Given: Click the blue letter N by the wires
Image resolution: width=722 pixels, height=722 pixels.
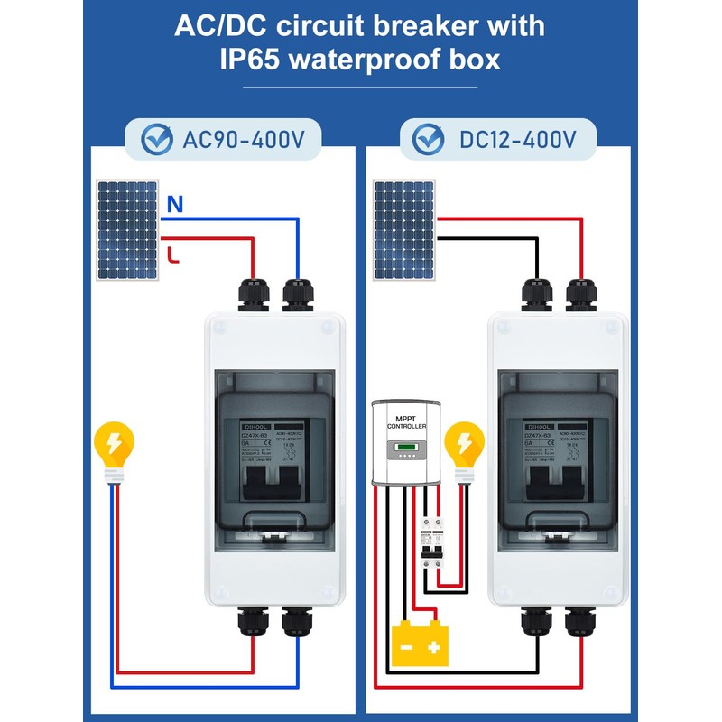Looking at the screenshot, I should coord(174,205).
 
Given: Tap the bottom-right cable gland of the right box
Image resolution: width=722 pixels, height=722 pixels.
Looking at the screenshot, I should coord(579,624).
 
